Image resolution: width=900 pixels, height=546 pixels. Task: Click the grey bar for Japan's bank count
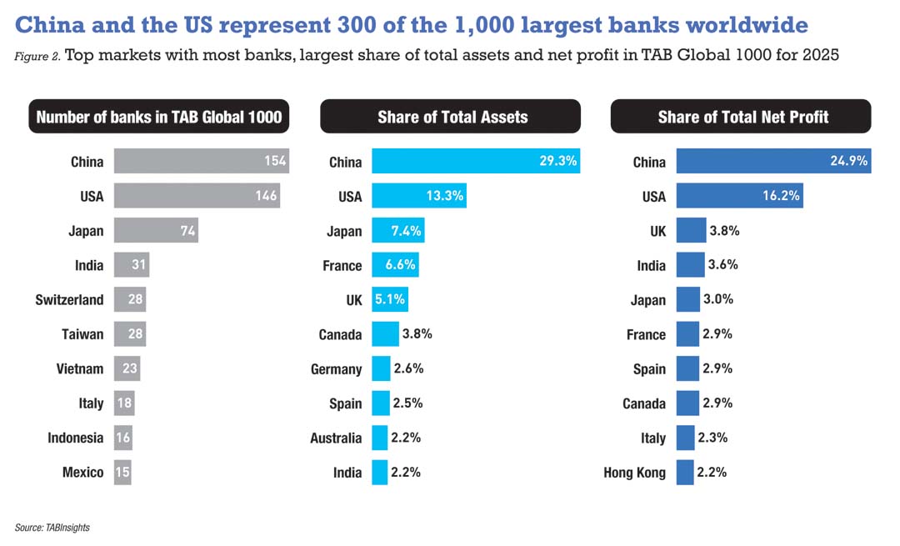pos(155,231)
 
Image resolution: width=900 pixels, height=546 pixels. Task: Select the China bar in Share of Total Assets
pos(475,162)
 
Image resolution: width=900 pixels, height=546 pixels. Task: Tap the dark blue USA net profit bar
pos(739,197)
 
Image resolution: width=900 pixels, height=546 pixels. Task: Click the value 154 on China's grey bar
pos(276,162)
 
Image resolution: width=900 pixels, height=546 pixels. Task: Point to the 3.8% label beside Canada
pos(417,334)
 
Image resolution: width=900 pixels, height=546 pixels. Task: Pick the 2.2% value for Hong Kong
pos(713,472)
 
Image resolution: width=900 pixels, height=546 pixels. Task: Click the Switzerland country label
pos(70,300)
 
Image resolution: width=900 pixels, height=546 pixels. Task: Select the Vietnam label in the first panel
pos(80,368)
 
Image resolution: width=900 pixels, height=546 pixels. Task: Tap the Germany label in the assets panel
pos(337,368)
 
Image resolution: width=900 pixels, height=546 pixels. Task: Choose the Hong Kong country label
pos(635,473)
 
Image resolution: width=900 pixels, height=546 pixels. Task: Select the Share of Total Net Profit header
pos(741,117)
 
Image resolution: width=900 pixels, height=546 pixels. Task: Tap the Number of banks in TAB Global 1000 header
pos(159,117)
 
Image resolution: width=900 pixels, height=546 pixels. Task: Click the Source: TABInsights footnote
pos(52,527)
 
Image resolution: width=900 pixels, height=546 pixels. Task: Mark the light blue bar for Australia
pos(380,438)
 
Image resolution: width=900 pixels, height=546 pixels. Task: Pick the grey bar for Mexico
pos(122,472)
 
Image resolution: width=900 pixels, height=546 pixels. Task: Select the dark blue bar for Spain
pos(687,368)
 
